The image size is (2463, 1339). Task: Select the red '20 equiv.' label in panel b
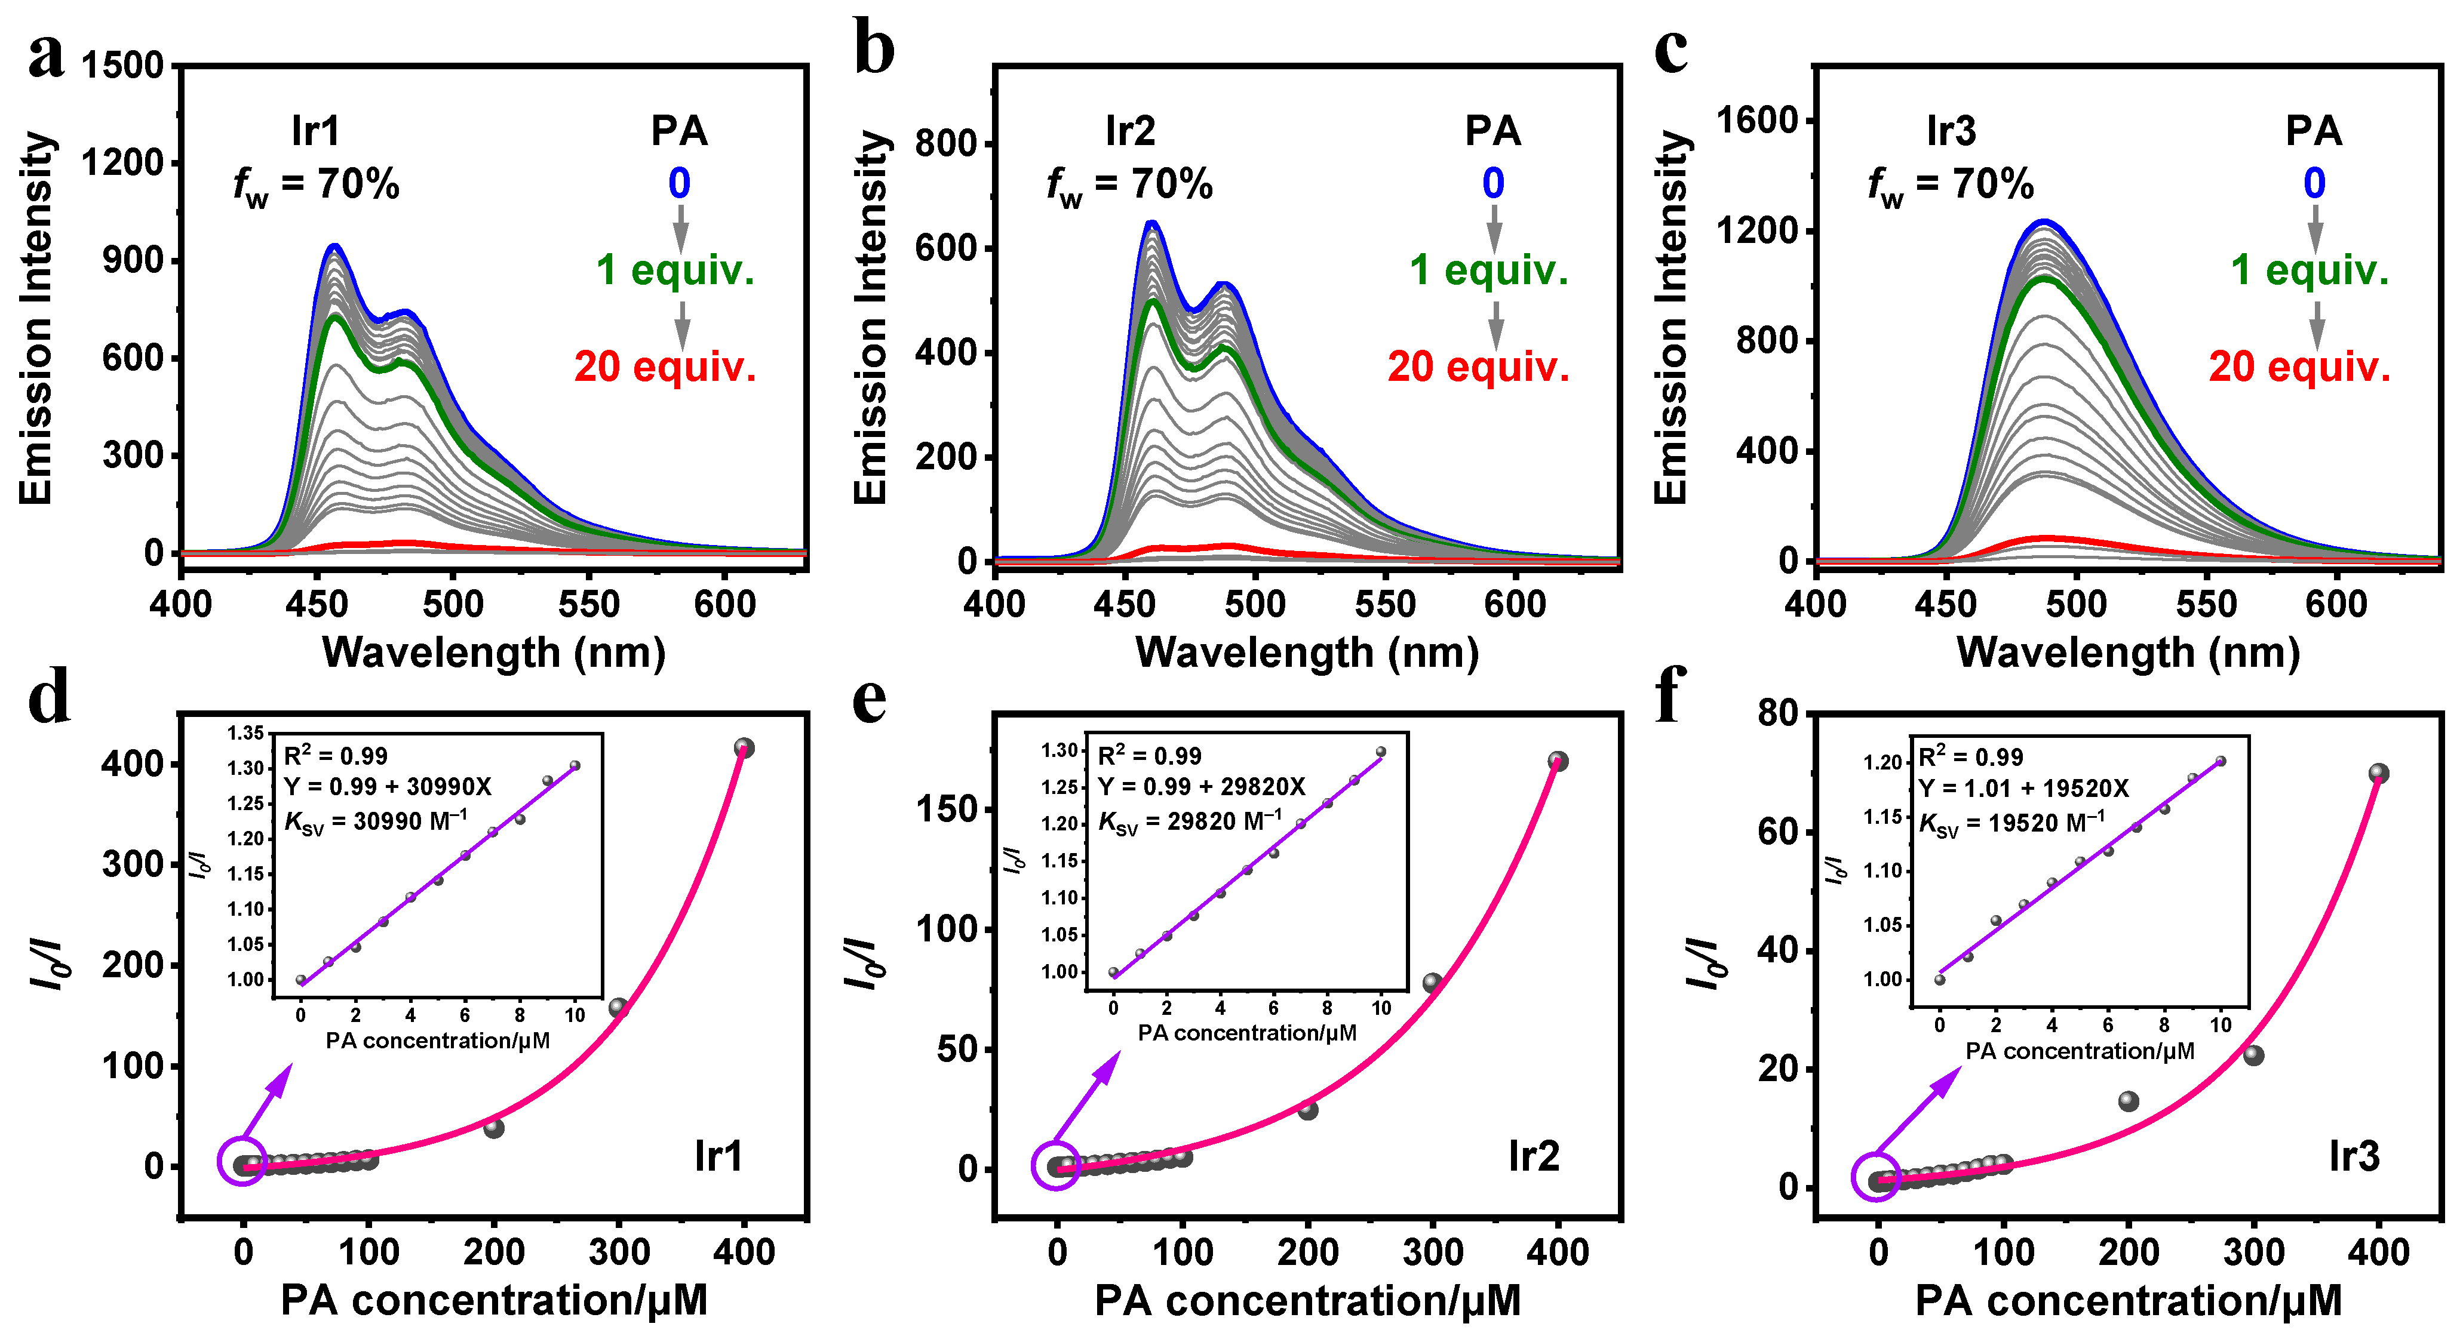pyautogui.click(x=1478, y=367)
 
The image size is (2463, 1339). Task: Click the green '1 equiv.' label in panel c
pyautogui.click(x=2309, y=270)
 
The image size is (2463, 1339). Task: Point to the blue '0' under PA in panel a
pyautogui.click(x=679, y=183)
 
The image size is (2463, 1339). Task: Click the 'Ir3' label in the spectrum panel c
pyautogui.click(x=1951, y=131)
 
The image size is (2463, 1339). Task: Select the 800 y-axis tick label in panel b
pyautogui.click(x=945, y=144)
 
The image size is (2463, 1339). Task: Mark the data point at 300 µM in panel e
pyautogui.click(x=1432, y=983)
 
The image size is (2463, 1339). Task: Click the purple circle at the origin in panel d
pyautogui.click(x=243, y=1162)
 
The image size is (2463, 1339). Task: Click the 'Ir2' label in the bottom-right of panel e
pyautogui.click(x=1534, y=1156)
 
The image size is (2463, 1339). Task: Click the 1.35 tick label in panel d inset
pyautogui.click(x=245, y=733)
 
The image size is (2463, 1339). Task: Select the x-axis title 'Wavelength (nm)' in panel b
pyautogui.click(x=1306, y=652)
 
